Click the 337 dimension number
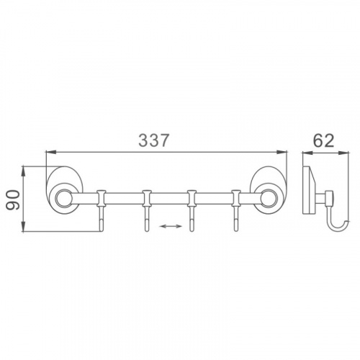coord(154,140)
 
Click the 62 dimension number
coord(324,140)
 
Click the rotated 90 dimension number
coord(12,199)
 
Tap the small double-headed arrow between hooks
coord(171,226)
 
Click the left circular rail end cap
coord(63,198)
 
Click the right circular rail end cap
coord(269,198)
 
